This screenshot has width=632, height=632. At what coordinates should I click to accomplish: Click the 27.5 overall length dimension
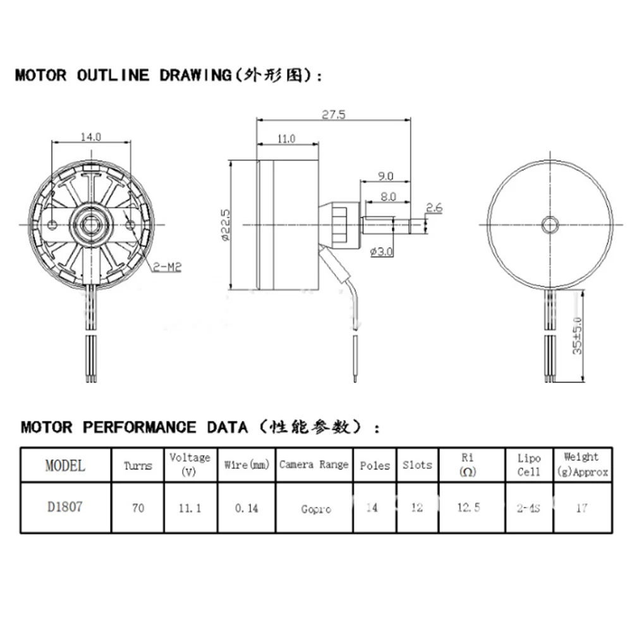334,115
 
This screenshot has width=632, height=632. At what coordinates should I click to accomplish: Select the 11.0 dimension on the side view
286,139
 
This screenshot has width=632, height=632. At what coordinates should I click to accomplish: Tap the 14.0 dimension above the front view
91,136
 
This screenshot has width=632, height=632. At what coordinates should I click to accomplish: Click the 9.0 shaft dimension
385,176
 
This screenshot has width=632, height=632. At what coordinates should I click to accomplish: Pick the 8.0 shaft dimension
388,197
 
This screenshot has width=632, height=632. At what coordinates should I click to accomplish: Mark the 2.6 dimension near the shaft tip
434,207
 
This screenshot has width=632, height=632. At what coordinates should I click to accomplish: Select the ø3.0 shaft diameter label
381,252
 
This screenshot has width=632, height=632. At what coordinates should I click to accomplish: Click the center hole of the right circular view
549,223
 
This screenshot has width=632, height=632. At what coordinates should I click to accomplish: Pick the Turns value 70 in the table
137,507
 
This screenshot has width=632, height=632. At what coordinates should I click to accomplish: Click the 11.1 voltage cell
190,507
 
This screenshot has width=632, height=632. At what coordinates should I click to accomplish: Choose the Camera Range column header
314,465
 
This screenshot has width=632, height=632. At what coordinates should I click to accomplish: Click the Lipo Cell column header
528,465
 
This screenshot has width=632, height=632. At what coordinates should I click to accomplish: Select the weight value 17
581,507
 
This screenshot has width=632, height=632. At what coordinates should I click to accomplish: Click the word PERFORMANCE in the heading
139,427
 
